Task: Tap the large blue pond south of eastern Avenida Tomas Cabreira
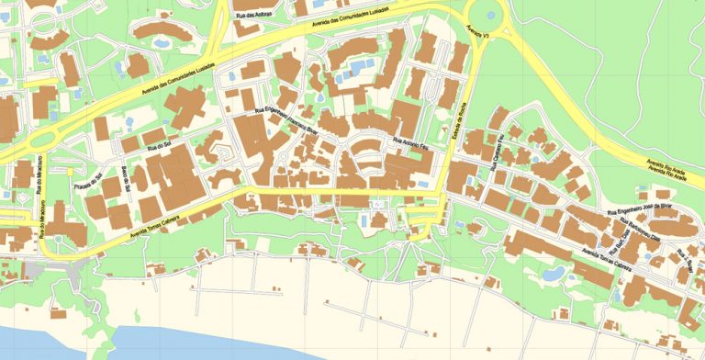pyautogui.click(x=553, y=274)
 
